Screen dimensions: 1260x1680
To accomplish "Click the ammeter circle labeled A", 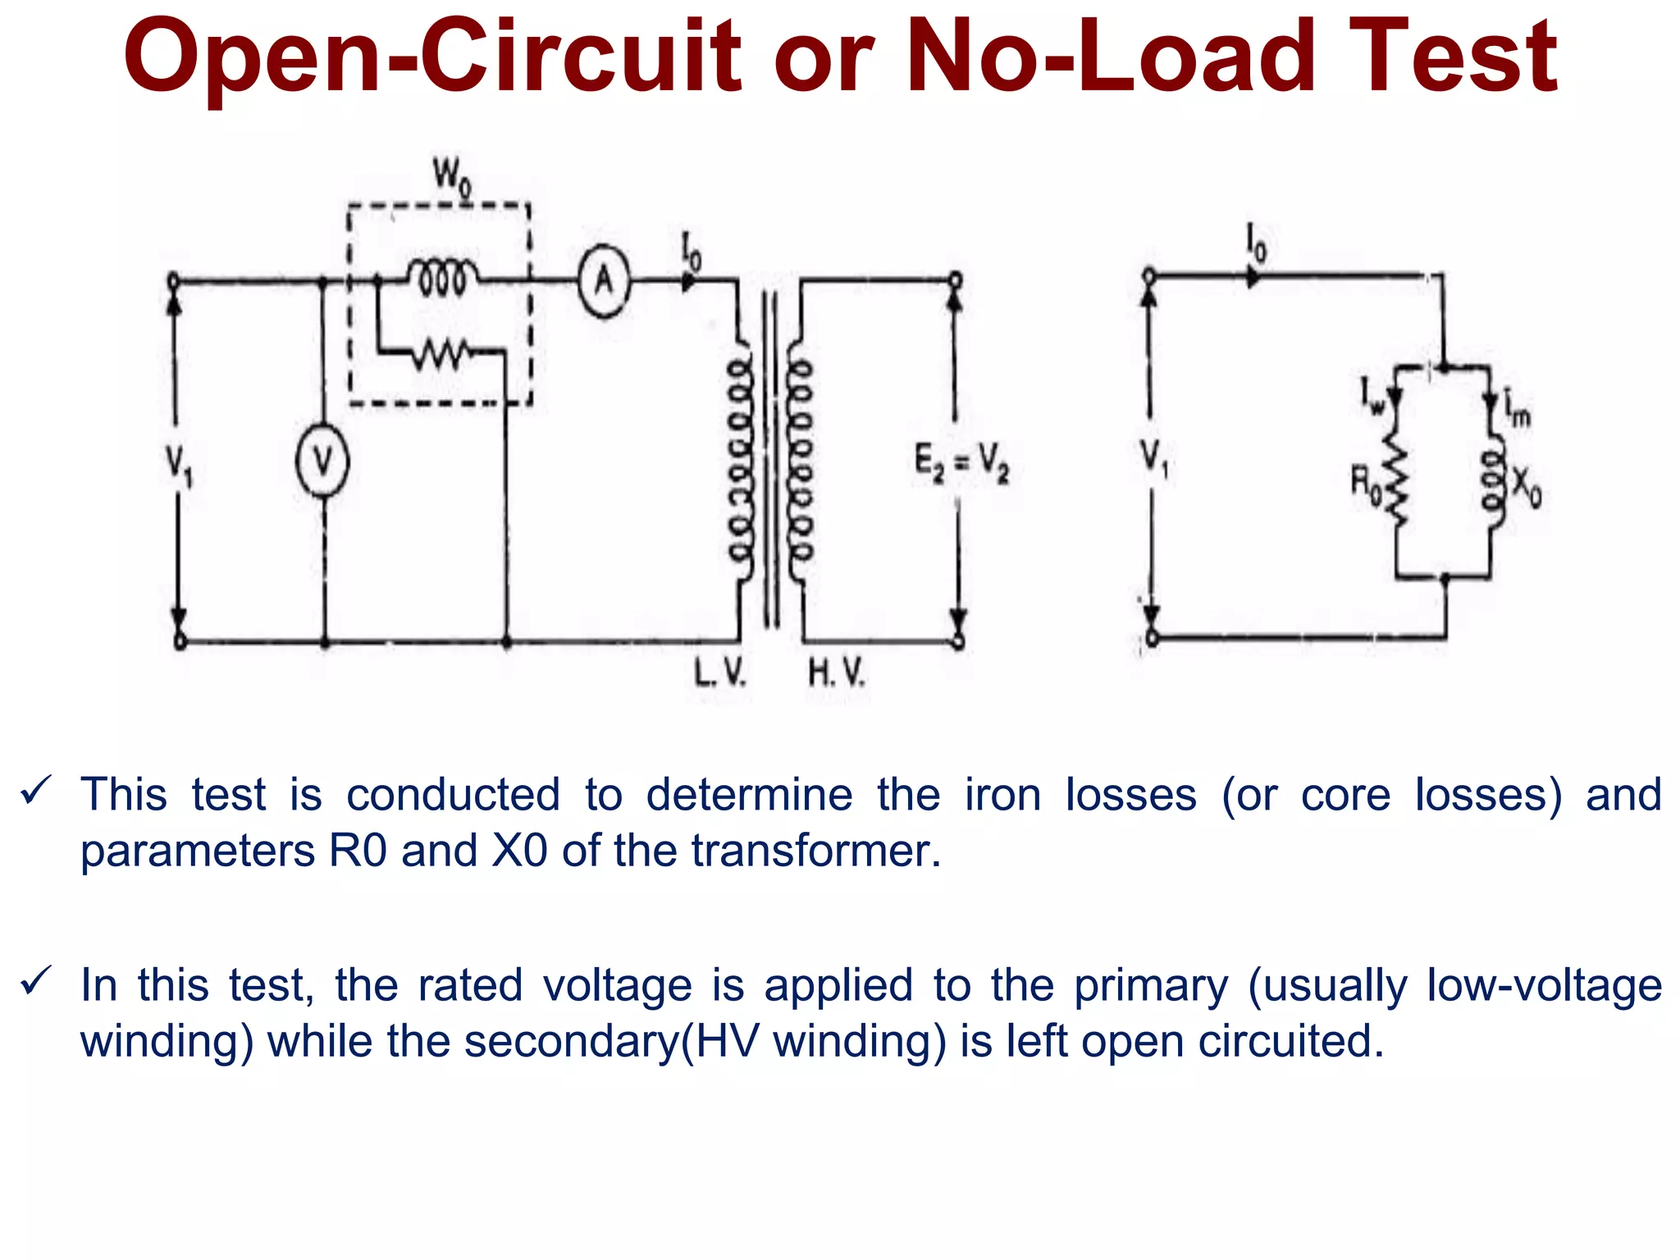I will [605, 281].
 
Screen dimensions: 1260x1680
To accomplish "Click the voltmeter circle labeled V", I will [322, 463].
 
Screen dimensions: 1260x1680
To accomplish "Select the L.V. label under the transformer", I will [719, 673].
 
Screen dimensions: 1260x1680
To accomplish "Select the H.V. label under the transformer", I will [836, 673].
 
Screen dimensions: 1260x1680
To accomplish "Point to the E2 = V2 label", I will [961, 463].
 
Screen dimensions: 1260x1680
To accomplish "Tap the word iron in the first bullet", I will [1002, 795].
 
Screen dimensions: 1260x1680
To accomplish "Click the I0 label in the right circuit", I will [1256, 243].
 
